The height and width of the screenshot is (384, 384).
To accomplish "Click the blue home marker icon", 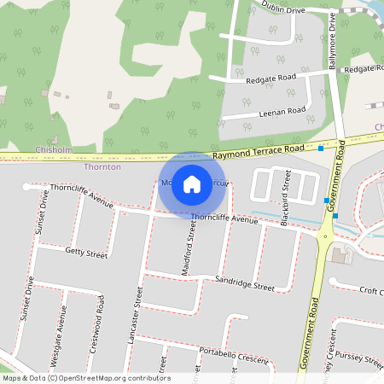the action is (192, 184).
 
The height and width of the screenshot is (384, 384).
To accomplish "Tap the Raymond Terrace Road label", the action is (259, 150).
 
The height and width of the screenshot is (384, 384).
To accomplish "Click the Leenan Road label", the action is (282, 112).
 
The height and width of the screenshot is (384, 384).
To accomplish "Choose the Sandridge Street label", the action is (245, 283).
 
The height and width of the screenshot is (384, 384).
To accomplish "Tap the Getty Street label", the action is (85, 253).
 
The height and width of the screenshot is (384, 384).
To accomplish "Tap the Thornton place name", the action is (102, 167).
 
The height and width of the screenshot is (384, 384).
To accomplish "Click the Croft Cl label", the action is (370, 291).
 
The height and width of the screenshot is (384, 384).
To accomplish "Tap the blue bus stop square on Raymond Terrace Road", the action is (321, 149).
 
